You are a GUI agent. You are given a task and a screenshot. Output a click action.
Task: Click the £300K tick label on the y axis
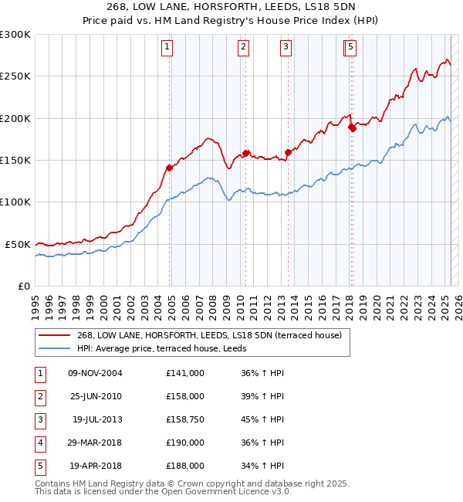[15, 35]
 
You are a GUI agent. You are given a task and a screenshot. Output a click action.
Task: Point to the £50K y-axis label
[18, 244]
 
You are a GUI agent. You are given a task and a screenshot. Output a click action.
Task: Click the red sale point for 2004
[169, 168]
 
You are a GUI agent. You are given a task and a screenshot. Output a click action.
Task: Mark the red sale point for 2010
[246, 153]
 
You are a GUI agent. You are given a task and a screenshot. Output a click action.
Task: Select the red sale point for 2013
[288, 152]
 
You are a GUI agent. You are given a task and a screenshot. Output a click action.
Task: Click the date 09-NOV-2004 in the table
[96, 373]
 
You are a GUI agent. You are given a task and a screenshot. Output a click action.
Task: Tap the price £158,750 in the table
[185, 419]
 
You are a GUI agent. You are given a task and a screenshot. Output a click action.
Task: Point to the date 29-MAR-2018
[96, 443]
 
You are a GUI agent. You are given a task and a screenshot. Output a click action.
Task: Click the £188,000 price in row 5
[185, 466]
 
